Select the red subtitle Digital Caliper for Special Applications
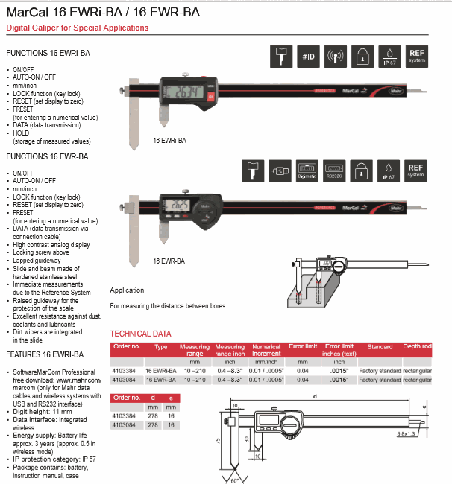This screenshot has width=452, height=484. tap(78, 28)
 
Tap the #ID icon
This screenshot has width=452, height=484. tap(309, 56)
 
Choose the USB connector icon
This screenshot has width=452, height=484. tap(280, 171)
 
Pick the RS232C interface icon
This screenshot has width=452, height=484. tap(334, 171)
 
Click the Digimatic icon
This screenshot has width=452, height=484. tap(307, 171)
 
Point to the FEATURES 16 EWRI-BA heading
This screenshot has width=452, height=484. tap(45, 354)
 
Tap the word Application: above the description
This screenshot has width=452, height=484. tap(128, 290)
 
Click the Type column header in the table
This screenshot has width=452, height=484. tap(161, 347)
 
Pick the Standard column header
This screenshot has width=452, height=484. tap(380, 347)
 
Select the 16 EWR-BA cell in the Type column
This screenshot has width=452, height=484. tap(160, 380)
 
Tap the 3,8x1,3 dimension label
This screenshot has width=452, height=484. tap(427, 433)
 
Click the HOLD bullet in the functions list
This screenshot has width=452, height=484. tap(21, 133)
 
